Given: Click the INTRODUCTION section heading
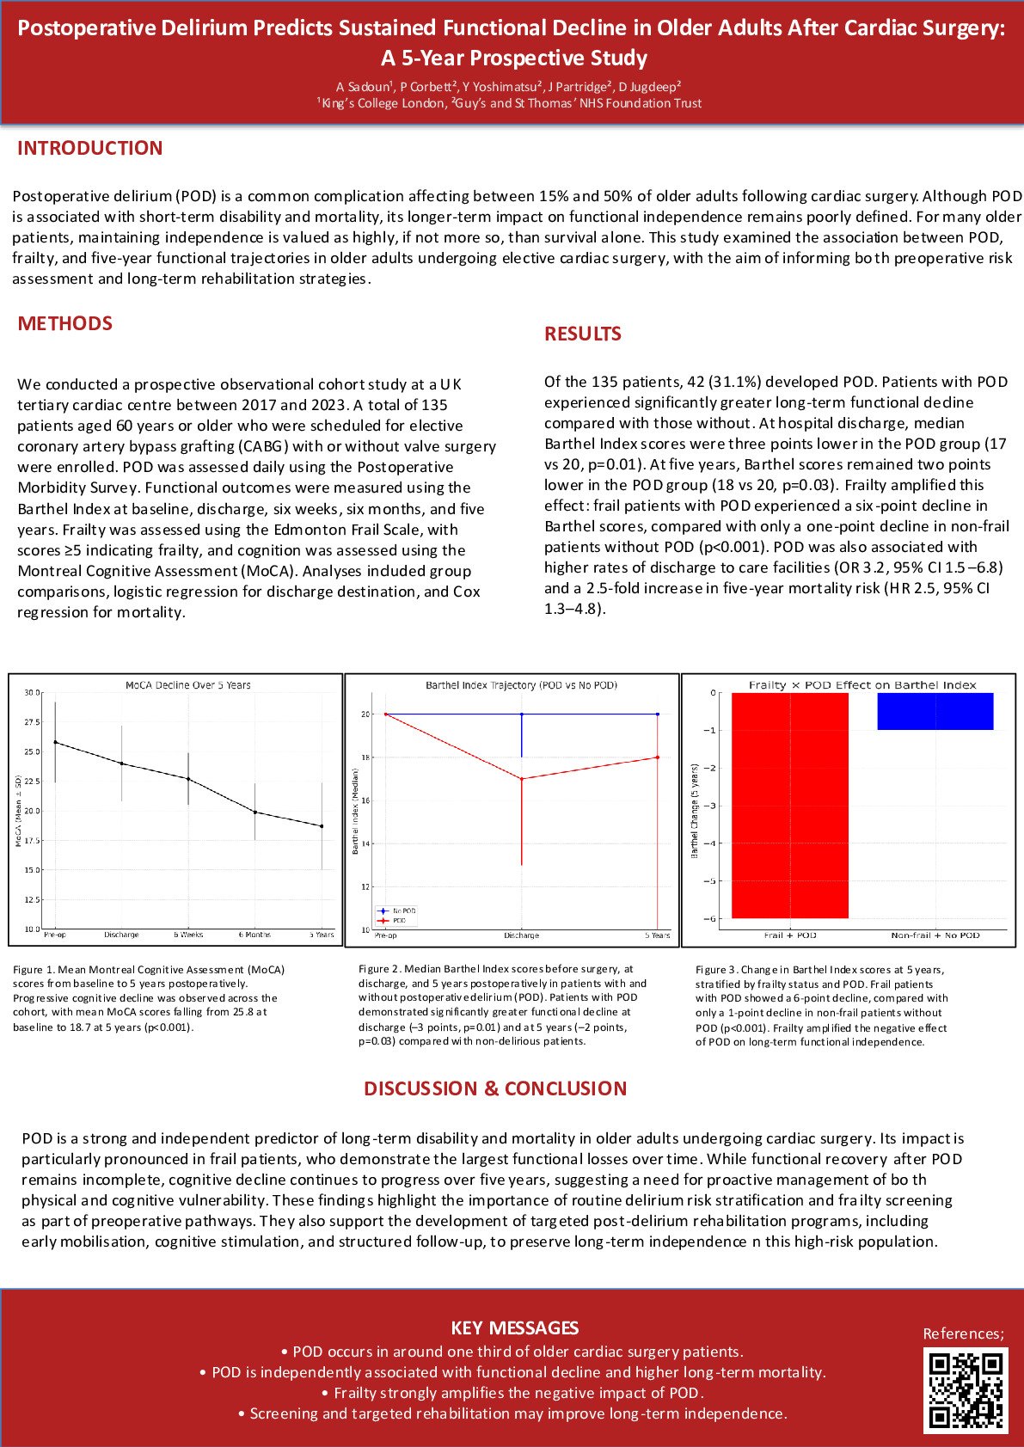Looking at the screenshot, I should (89, 148).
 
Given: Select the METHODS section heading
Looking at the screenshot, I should (64, 323).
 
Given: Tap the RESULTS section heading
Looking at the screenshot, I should (582, 334).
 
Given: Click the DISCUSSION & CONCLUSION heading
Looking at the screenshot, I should (495, 1088).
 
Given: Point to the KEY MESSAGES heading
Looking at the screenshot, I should (514, 1327).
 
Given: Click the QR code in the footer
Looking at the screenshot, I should (965, 1390).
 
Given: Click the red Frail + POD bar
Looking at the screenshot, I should (789, 806).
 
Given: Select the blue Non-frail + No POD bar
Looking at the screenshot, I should (935, 711).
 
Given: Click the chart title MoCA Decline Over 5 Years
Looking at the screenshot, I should (187, 685).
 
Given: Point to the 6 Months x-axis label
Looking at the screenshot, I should (254, 935).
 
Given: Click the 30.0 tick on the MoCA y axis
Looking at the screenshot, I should (32, 693).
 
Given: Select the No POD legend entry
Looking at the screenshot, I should (403, 911).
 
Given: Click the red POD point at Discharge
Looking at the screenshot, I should (522, 779).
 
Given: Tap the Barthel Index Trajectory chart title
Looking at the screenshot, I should (521, 685).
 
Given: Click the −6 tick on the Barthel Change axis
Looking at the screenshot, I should (711, 919).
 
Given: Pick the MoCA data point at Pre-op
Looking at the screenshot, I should (56, 742).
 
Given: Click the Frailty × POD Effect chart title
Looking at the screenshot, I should (862, 685).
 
